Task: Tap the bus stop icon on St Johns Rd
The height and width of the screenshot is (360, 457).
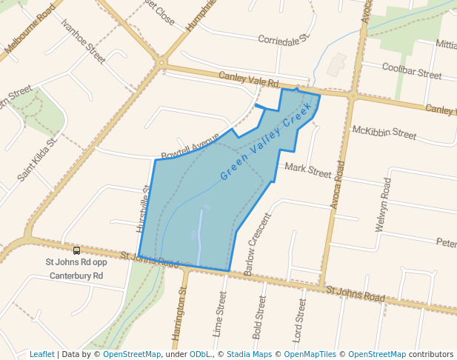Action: tap(76, 250)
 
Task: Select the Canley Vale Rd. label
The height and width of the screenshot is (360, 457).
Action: tap(248, 81)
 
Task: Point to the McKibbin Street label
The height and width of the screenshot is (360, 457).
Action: tap(384, 133)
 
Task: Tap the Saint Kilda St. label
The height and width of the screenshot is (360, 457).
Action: tap(38, 160)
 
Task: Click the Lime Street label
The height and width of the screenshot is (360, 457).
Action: tap(220, 314)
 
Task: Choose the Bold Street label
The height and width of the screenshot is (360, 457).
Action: tap(259, 318)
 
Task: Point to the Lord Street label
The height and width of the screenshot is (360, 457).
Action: tap(299, 319)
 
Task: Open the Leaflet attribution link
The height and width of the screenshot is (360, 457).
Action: tap(41, 354)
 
